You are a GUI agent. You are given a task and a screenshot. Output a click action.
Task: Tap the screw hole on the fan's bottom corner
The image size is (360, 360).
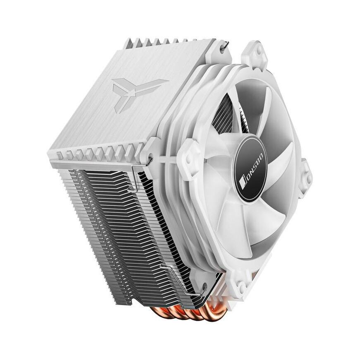pos(242,286)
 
